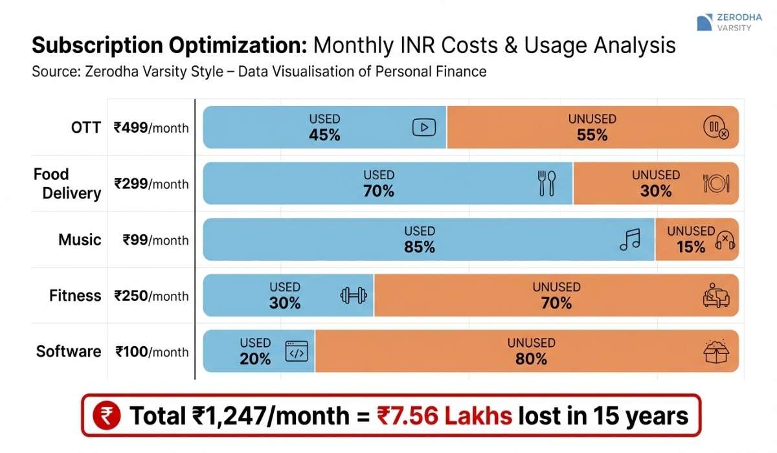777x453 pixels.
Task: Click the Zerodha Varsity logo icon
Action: (x=704, y=23)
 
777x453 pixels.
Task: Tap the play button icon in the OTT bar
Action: (x=424, y=127)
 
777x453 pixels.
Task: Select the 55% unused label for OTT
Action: (x=592, y=135)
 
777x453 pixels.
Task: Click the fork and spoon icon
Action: (x=547, y=183)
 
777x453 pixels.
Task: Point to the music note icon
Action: (x=629, y=239)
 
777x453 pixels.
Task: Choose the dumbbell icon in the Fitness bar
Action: (x=354, y=295)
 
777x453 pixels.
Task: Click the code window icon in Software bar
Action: (x=297, y=351)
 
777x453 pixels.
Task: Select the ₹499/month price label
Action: (x=152, y=127)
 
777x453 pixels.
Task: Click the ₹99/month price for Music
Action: (x=156, y=240)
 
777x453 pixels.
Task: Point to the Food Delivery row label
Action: (x=67, y=184)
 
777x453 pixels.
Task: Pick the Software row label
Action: (x=69, y=351)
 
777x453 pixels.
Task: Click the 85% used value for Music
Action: (x=420, y=247)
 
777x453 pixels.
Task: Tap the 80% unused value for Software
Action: (x=531, y=359)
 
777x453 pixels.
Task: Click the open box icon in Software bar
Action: (x=715, y=351)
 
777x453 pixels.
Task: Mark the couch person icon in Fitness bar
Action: (x=715, y=295)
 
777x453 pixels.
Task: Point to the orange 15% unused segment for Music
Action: (x=696, y=239)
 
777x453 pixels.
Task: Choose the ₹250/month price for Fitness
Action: (x=152, y=296)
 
